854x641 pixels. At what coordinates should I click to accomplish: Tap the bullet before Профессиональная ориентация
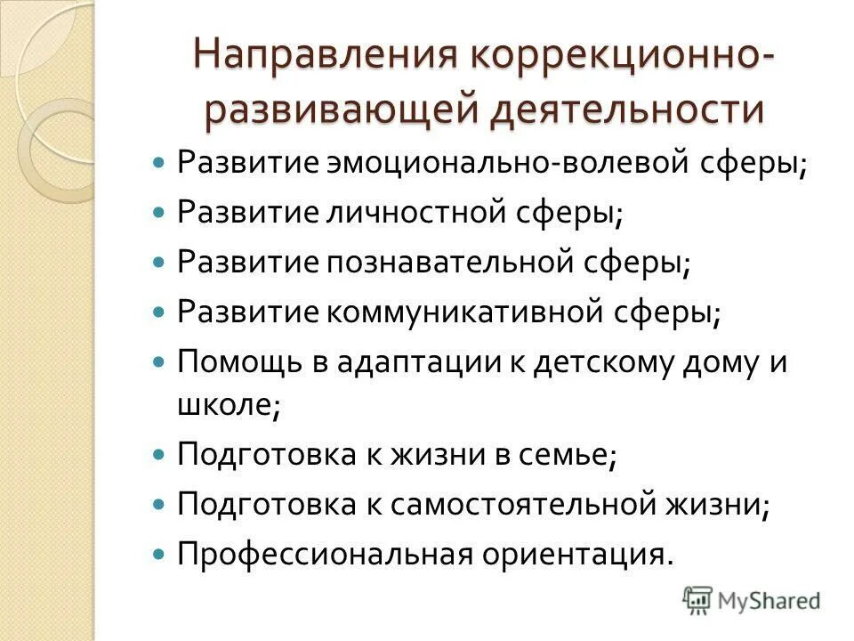159,554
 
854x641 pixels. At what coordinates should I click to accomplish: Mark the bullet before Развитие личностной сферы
159,215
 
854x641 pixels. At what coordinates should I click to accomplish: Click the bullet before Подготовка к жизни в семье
159,454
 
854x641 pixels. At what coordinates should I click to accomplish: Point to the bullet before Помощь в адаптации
159,362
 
